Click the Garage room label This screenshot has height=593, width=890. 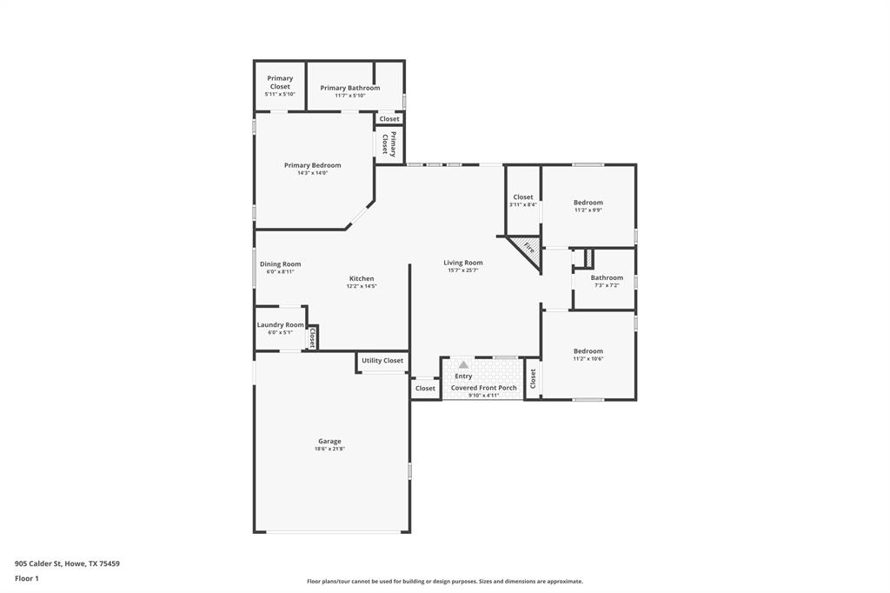(x=329, y=441)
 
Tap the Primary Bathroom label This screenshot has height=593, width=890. (x=349, y=88)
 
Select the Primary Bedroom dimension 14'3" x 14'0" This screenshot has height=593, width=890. (x=312, y=173)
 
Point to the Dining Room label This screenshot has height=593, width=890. (x=280, y=264)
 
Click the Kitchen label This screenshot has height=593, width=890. (x=362, y=278)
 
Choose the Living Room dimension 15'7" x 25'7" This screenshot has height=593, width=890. (x=462, y=270)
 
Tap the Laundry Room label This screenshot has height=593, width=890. (x=280, y=324)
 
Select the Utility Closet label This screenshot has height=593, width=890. (x=382, y=360)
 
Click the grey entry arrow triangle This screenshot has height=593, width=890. (x=463, y=365)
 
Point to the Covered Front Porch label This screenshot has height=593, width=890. (x=483, y=388)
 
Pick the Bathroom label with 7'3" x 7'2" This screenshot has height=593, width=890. (x=607, y=277)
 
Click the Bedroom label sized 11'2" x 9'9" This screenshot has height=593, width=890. (x=588, y=203)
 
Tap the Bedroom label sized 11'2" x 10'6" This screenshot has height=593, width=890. (x=588, y=351)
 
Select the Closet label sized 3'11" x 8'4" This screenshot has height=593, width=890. (x=522, y=197)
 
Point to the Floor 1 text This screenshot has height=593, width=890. (x=28, y=577)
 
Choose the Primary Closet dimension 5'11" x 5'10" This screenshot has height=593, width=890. (x=280, y=94)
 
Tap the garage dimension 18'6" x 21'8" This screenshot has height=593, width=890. (x=329, y=449)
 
